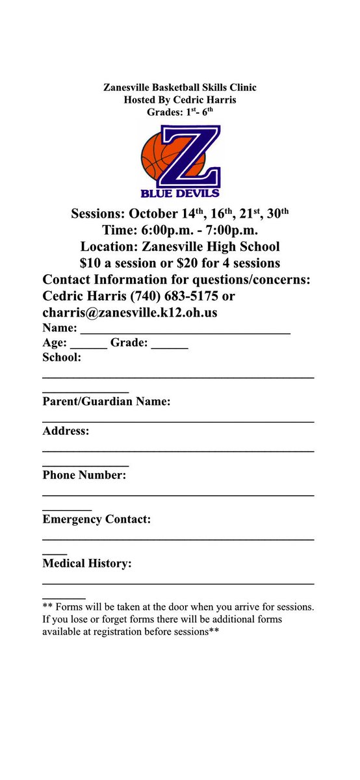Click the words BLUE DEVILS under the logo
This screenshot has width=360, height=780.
pyautogui.click(x=180, y=192)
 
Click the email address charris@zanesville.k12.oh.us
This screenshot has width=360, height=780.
pyautogui.click(x=130, y=312)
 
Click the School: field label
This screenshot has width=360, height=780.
pyautogui.click(x=62, y=357)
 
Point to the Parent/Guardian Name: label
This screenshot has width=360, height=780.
pyautogui.click(x=107, y=402)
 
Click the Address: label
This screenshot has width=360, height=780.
pyautogui.click(x=66, y=431)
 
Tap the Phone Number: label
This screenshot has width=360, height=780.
pyautogui.click(x=84, y=475)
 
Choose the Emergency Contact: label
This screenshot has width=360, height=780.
pyautogui.click(x=97, y=519)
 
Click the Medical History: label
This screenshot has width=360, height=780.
pyautogui.click(x=87, y=564)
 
